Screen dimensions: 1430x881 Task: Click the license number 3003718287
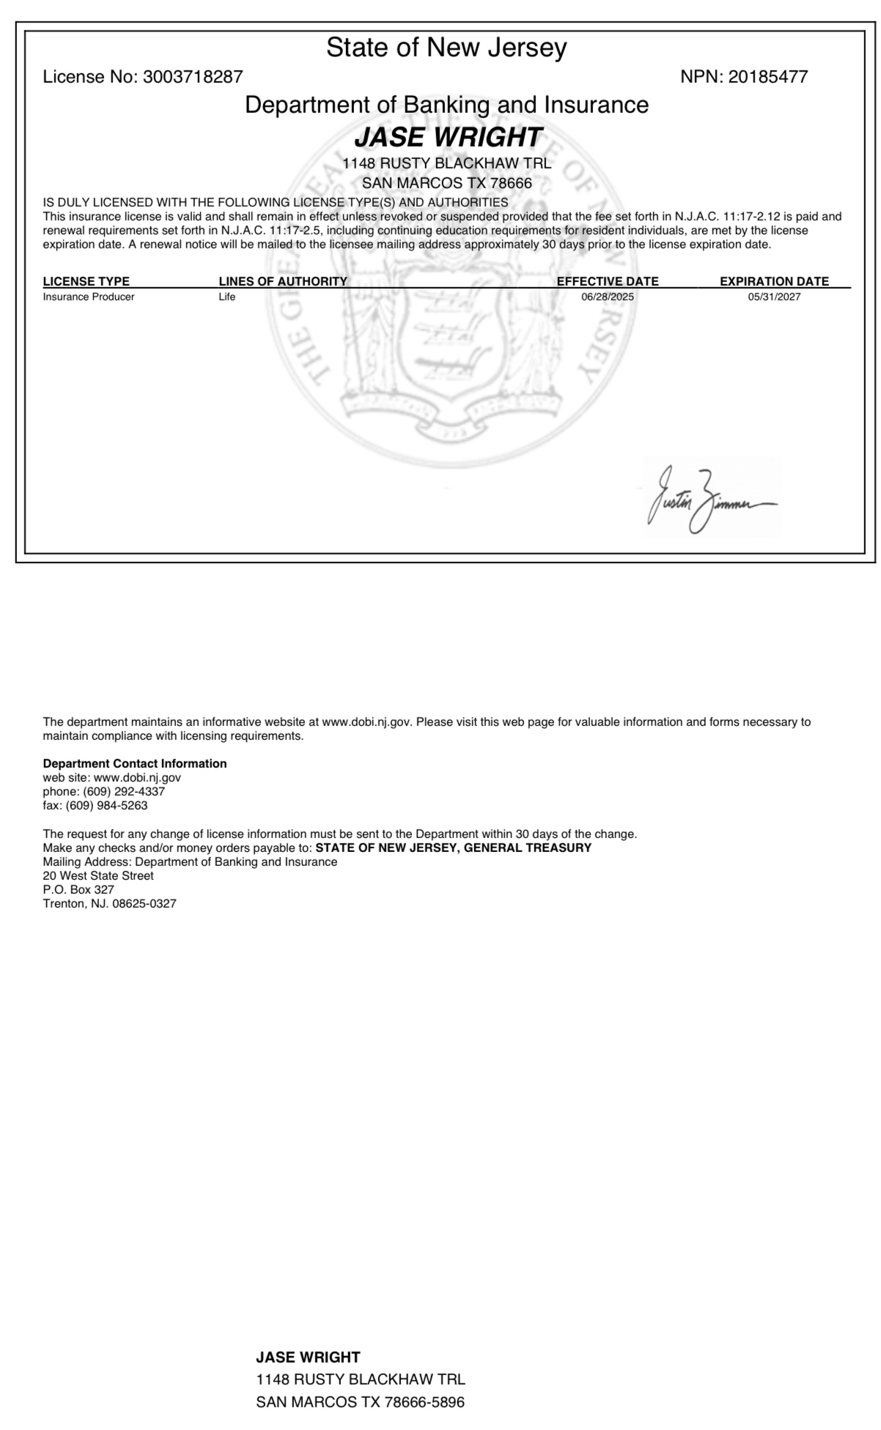point(193,77)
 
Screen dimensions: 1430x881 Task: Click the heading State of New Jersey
point(446,48)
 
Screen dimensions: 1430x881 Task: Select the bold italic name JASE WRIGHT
point(448,137)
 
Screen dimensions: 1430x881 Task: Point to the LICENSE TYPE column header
point(86,281)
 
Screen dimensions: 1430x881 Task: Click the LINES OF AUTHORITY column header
point(283,281)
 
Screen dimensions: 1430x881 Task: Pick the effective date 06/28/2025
point(608,297)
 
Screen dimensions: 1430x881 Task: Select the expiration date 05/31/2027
point(774,297)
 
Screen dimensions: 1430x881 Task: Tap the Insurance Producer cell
point(89,297)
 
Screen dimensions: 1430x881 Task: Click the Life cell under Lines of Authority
point(227,297)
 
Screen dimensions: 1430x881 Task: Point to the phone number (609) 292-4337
point(124,792)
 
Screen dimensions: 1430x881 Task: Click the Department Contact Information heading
point(135,763)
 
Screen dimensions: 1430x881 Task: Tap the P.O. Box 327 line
point(78,890)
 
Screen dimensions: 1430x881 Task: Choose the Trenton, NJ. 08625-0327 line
point(110,904)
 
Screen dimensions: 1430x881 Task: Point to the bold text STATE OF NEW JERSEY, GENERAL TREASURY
point(453,848)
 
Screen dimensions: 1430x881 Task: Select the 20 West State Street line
point(98,876)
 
